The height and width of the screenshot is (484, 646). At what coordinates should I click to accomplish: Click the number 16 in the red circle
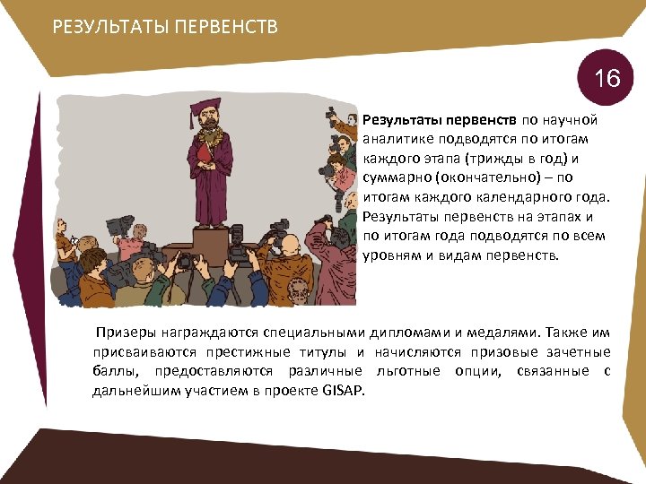pyautogui.click(x=607, y=79)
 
